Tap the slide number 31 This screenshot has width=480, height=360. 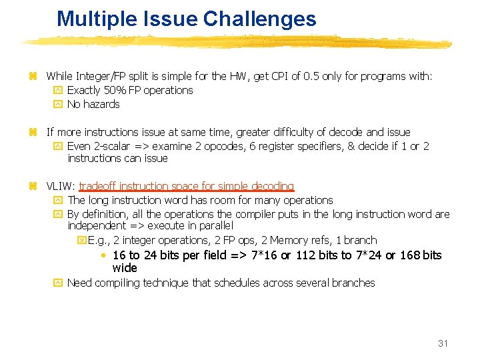click(443, 343)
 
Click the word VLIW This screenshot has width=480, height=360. click(60, 186)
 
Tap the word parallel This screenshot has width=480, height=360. click(213, 226)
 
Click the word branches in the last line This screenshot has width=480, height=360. click(353, 283)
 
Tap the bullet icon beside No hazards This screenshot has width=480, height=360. click(57, 104)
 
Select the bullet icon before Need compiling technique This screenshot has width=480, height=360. click(57, 283)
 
